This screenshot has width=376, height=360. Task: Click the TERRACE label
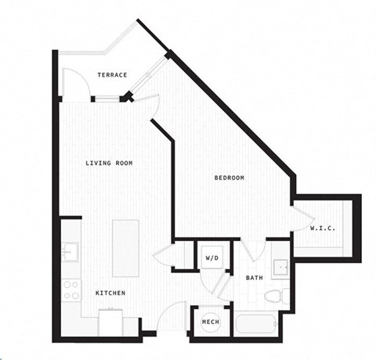click(113, 74)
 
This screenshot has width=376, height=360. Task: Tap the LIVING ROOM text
click(109, 164)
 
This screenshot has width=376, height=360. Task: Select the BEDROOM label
click(230, 178)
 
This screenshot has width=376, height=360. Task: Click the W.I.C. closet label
click(323, 229)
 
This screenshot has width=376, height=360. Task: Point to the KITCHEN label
click(110, 293)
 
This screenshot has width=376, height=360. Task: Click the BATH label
click(255, 277)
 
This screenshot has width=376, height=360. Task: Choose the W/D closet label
click(211, 257)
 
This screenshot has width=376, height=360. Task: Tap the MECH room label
click(210, 322)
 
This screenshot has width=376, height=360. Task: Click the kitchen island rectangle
click(125, 247)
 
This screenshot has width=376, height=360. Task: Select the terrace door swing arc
click(73, 81)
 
